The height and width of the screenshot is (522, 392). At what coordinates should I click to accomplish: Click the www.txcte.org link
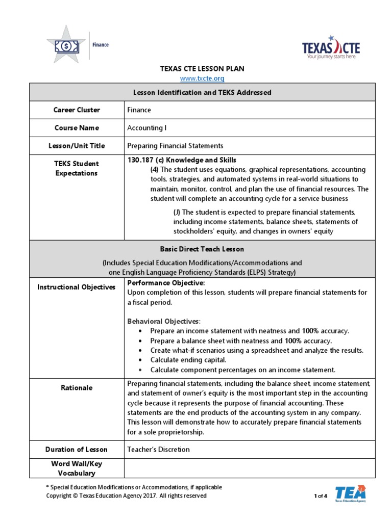coord(203,79)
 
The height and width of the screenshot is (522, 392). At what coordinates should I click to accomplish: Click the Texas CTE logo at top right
coord(331,48)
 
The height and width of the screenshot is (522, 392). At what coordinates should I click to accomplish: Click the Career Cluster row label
coord(77,110)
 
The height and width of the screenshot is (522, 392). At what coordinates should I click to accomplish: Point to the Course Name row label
coord(77,128)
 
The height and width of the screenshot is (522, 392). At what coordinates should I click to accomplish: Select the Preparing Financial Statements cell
coord(175,146)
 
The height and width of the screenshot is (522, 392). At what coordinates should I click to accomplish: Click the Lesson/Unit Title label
coord(77,146)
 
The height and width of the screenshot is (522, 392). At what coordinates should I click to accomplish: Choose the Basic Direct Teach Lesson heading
coord(202,249)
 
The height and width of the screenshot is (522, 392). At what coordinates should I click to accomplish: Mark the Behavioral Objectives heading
coord(163,321)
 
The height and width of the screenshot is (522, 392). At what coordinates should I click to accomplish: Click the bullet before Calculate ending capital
coord(140,360)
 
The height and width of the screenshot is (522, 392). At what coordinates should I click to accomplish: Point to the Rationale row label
coord(77,388)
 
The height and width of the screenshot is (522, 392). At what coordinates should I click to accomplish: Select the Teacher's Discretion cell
coord(158,450)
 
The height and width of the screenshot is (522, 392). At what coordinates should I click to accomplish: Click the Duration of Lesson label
coord(77,450)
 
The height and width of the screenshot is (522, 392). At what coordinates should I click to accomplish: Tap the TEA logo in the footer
coord(350,494)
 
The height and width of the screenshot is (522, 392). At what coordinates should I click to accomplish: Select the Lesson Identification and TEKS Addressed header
coord(202,92)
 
